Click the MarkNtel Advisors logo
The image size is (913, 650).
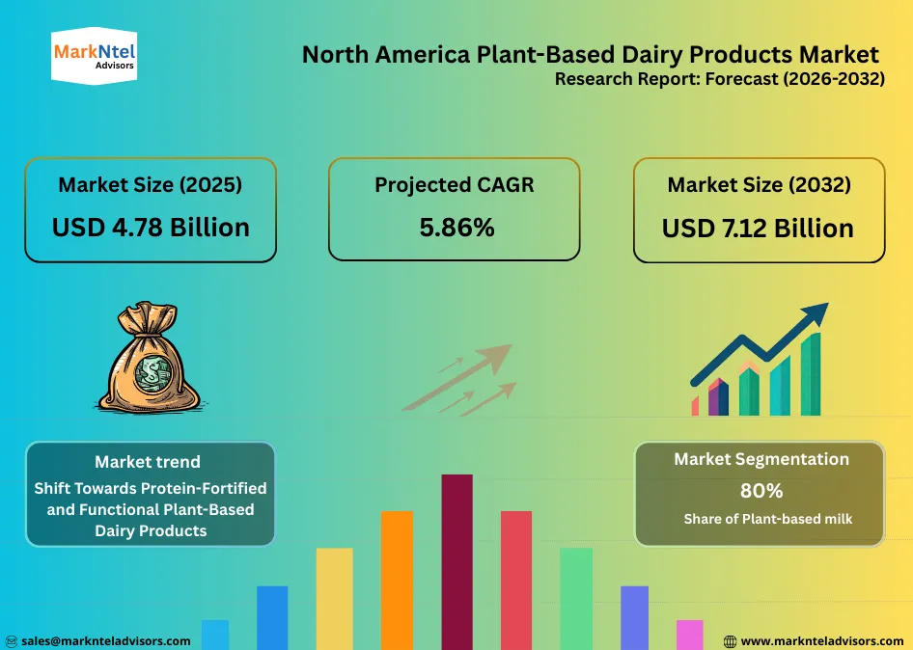[93, 55]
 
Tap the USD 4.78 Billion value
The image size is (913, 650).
[151, 227]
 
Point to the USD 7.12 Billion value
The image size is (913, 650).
[758, 229]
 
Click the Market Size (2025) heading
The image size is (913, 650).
[151, 185]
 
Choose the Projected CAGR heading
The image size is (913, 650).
[454, 185]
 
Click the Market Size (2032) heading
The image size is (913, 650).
[759, 185]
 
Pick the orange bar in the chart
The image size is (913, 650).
[397, 579]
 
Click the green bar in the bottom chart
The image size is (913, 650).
[576, 598]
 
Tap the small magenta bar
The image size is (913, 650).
[689, 635]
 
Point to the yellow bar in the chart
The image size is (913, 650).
[335, 598]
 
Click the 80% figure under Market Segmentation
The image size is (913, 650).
[761, 491]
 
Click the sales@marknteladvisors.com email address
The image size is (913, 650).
[105, 640]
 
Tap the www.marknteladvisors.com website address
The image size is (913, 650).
[822, 640]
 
